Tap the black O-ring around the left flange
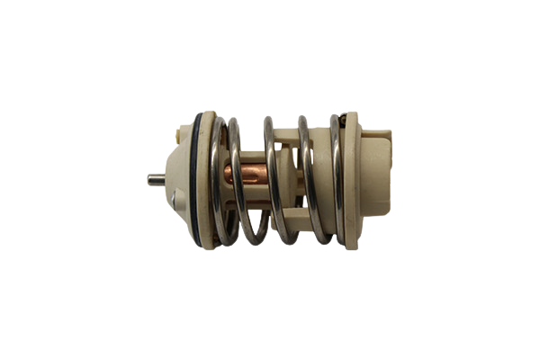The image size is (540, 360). (193, 180)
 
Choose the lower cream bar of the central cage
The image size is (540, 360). (288, 220)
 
